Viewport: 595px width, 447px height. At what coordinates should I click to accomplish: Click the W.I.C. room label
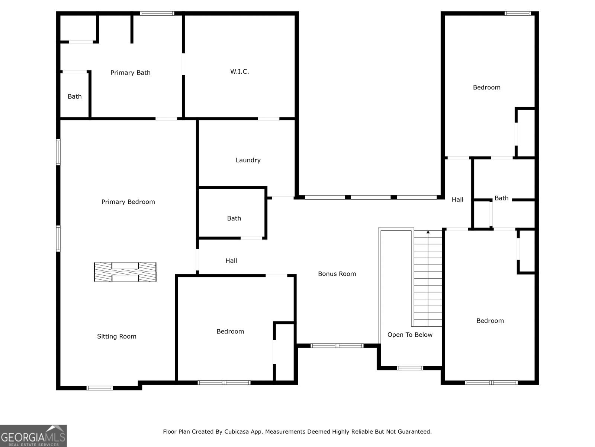(239, 72)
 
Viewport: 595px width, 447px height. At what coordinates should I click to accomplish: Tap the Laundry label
(248, 160)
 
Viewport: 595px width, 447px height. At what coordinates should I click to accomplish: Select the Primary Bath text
(131, 73)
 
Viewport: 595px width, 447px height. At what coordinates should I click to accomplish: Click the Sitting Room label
(117, 336)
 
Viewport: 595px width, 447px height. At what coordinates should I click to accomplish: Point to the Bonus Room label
(337, 274)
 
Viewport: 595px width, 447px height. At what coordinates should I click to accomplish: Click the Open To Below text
(410, 335)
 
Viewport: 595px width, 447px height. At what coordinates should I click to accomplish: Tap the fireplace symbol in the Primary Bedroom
(125, 272)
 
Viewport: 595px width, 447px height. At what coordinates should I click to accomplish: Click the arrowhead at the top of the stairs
(428, 232)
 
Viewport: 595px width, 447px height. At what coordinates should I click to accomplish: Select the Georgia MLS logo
(33, 436)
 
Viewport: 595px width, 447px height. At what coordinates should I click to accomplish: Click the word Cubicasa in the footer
(237, 432)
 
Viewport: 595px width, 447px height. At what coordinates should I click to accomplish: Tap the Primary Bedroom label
(128, 202)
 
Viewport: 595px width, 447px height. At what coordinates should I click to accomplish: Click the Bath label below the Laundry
(234, 218)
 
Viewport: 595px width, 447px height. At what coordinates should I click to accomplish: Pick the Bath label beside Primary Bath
(74, 96)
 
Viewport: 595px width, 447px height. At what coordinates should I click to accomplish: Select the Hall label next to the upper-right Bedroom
(457, 200)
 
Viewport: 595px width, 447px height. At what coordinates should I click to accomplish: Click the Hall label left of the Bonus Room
(231, 261)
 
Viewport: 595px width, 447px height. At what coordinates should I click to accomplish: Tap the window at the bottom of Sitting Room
(99, 388)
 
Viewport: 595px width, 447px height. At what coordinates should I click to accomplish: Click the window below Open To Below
(409, 368)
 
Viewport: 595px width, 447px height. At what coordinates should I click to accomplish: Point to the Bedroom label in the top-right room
(486, 88)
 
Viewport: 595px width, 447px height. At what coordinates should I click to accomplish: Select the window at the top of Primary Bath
(157, 14)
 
